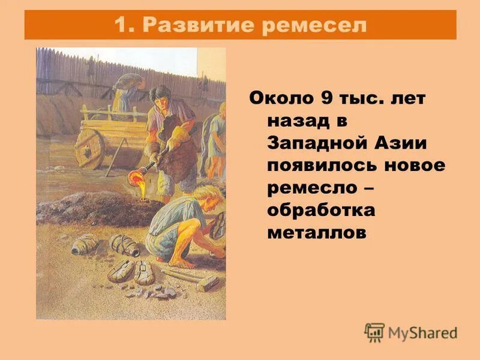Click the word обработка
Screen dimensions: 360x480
coord(321,211)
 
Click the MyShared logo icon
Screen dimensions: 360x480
coord(374,332)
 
